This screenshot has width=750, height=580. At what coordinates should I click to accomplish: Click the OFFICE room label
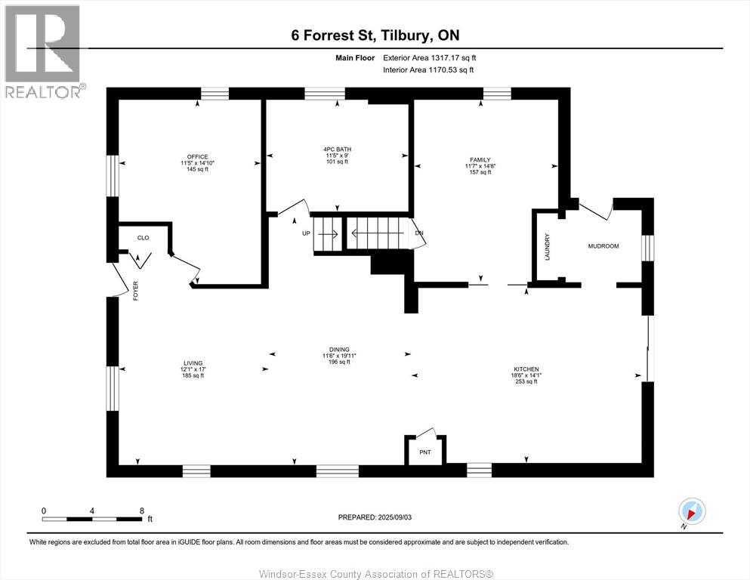197,157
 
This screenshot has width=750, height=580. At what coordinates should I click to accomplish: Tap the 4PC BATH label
337,150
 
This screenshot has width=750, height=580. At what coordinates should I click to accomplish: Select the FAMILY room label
480,159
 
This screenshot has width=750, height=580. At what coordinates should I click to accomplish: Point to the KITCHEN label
526,369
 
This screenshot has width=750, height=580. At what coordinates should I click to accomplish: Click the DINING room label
339,350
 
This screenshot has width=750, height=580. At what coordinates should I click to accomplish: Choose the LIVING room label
193,363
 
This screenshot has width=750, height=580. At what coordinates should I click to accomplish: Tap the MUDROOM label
603,245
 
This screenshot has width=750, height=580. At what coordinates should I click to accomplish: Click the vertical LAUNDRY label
547,247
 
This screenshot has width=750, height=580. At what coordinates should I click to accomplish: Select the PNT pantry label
424,452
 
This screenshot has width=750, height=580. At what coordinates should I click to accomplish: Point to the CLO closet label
143,238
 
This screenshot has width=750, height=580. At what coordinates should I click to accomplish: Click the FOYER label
135,291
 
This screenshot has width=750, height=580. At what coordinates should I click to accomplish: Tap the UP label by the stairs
306,233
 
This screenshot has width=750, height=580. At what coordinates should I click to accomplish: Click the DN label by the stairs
419,233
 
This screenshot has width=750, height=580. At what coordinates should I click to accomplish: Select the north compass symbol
692,511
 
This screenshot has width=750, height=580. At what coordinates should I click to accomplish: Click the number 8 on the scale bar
141,511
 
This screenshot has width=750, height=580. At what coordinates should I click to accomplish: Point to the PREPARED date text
375,517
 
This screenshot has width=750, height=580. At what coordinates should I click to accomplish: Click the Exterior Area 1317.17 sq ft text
430,58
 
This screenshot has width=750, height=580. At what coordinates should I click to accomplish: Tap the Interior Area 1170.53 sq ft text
428,69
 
